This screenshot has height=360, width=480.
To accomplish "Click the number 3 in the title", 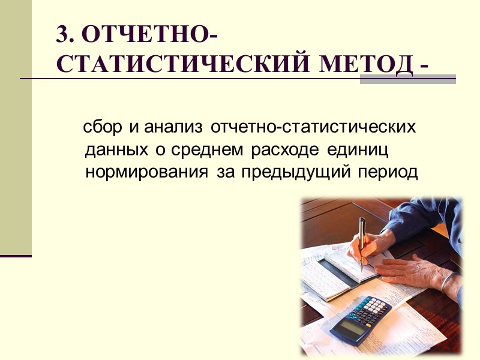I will point(62,36).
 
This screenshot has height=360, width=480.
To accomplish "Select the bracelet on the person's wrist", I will point(447,278).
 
